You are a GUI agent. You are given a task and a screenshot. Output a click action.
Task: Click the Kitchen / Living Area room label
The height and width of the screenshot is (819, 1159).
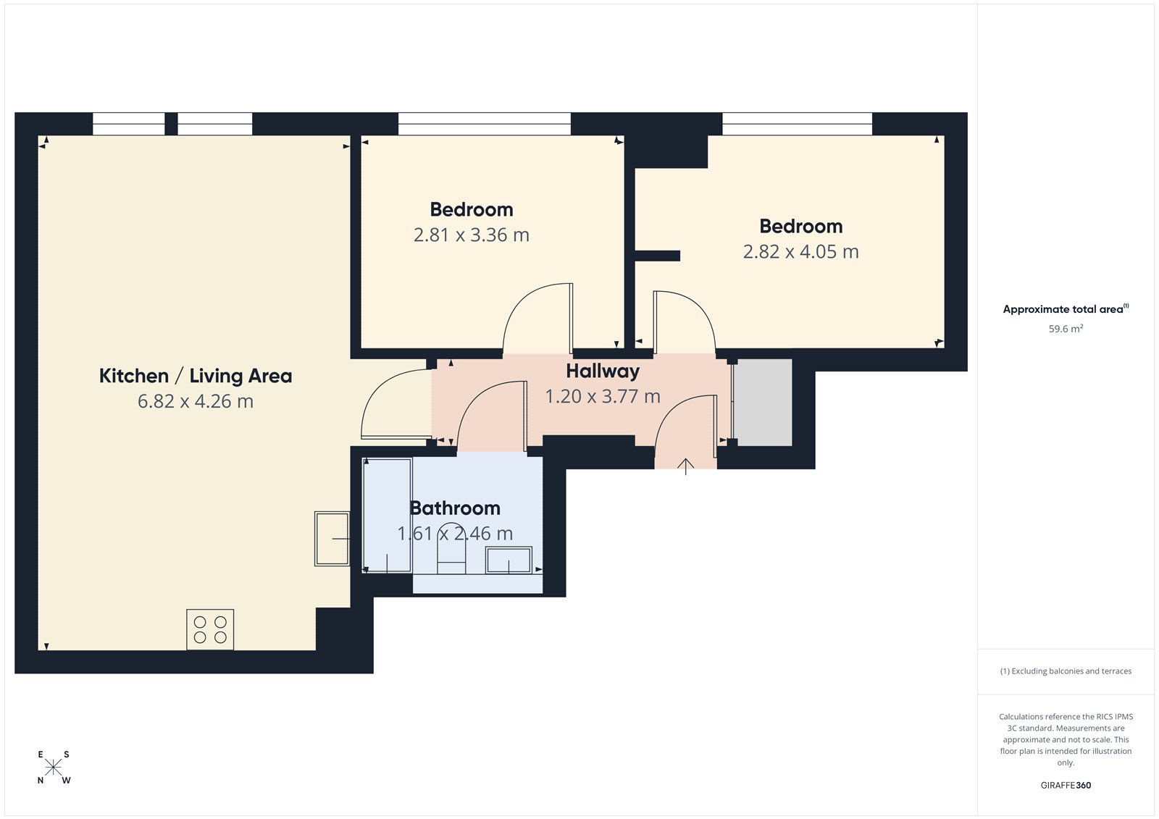(196, 376)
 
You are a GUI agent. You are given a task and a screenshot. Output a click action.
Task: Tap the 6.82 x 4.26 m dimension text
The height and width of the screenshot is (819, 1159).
(196, 401)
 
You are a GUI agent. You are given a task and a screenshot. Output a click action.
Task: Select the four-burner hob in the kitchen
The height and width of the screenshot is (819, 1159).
(210, 629)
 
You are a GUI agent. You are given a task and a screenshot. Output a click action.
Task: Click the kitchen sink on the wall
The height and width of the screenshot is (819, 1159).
(332, 539)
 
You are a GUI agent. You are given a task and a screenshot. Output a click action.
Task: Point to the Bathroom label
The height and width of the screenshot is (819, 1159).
(455, 508)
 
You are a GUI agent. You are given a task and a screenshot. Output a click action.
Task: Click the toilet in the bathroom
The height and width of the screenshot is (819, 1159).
(451, 558)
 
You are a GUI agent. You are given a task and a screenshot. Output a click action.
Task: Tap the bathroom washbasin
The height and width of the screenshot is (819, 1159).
(509, 560)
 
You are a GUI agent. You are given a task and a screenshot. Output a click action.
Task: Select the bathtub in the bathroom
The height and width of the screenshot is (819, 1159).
(387, 516)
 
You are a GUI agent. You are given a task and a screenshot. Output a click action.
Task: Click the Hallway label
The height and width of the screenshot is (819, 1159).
(603, 371)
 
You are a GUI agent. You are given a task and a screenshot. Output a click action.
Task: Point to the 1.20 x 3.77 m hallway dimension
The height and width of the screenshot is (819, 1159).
(603, 397)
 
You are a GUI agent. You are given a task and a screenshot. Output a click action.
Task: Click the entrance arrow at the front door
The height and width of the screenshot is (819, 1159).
(685, 466)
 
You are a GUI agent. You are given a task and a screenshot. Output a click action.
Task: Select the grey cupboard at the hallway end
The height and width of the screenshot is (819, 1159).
(763, 403)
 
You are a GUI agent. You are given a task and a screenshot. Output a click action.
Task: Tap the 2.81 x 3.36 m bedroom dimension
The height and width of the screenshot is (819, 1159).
(472, 235)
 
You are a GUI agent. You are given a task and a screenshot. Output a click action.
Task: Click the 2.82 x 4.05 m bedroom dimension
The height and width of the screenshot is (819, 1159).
(800, 252)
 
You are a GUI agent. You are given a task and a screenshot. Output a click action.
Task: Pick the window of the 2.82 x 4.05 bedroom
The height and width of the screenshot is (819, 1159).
(797, 124)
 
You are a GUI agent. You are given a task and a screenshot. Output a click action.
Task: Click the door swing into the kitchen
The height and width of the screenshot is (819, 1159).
(395, 406)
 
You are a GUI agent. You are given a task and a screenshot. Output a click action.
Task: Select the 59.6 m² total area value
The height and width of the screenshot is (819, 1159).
(1066, 329)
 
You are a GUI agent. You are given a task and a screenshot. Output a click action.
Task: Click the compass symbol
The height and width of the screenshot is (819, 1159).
(54, 768)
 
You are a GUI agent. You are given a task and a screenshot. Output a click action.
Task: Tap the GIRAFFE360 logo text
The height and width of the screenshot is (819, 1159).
(1066, 785)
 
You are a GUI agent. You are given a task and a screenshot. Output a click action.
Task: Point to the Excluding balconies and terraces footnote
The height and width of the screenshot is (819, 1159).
(1066, 671)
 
